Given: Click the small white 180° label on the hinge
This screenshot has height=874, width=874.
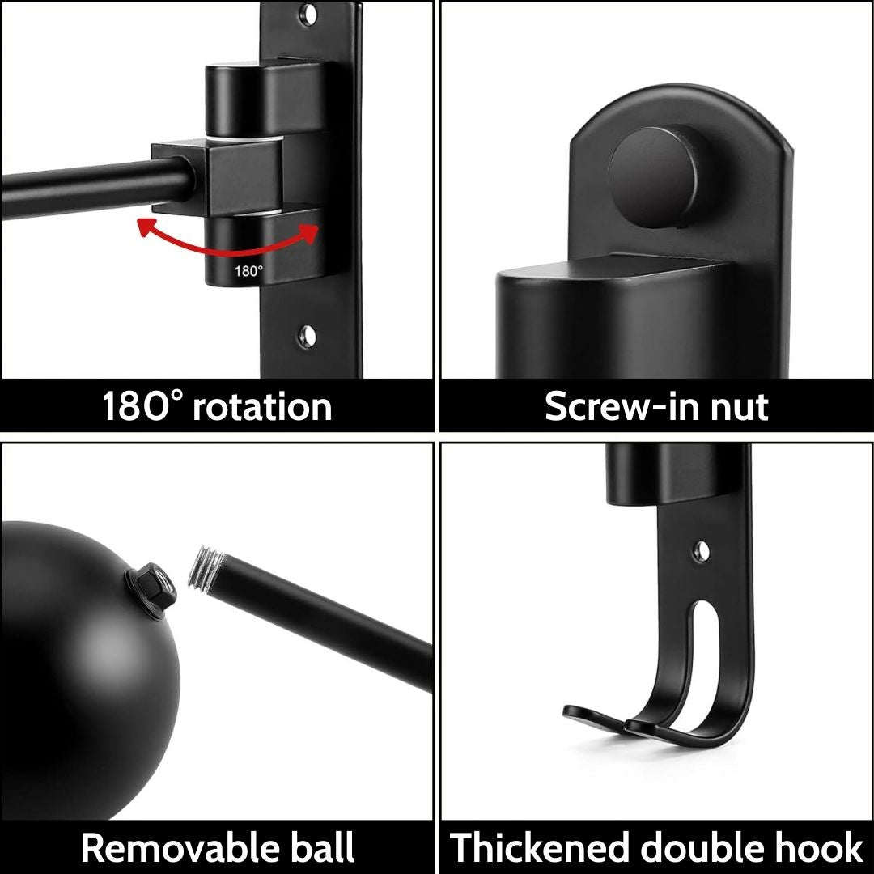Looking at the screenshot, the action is click(248, 271).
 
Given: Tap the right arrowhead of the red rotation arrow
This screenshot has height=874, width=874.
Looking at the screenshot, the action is click(309, 232).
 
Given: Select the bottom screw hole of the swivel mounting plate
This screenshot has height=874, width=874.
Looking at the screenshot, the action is click(307, 336).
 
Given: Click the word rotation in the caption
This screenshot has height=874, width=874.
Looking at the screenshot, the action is click(262, 406).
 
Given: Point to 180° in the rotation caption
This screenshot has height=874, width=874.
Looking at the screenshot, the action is click(142, 405).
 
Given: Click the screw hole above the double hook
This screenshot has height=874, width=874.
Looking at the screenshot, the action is click(702, 551).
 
